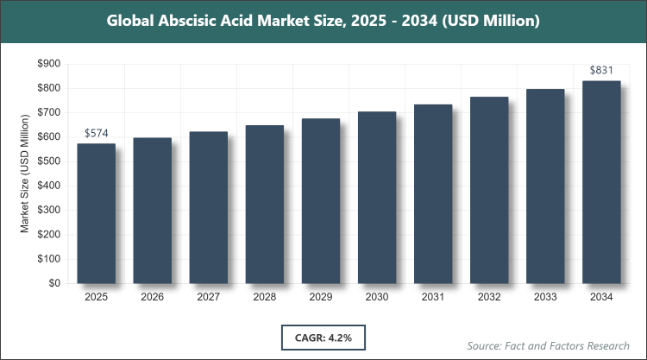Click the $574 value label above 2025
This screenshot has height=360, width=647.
(96, 133)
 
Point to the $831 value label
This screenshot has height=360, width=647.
(600, 70)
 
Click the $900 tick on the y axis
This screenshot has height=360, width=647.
(49, 64)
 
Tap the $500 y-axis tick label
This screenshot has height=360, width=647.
(49, 161)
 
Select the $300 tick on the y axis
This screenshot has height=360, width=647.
(49, 210)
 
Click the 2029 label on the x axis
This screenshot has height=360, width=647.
(320, 297)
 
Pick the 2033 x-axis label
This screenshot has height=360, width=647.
(544, 297)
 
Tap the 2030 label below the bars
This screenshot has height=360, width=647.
(376, 297)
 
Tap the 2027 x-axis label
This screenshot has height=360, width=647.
(208, 297)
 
